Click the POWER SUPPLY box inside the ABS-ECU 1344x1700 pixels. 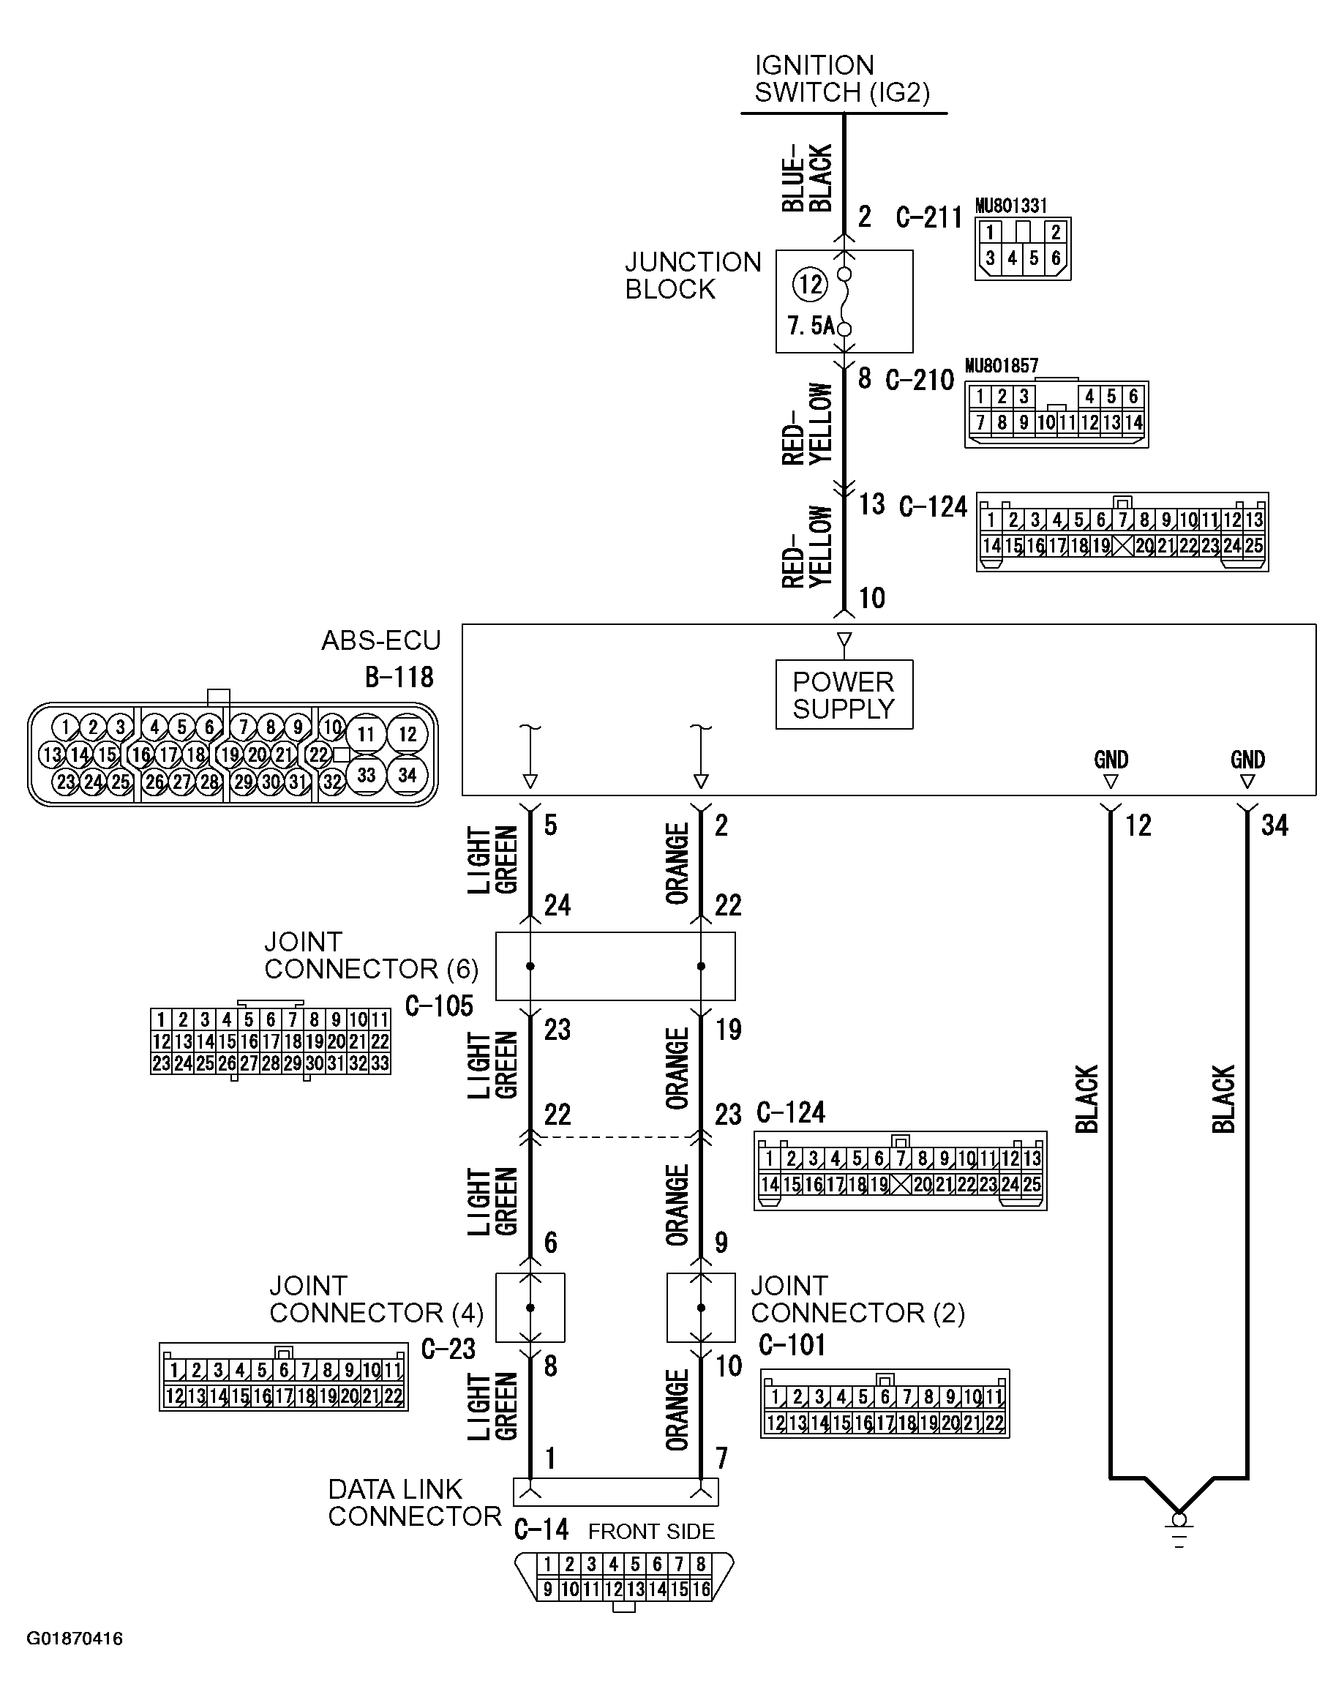[844, 694]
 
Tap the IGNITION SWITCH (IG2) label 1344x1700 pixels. [841, 79]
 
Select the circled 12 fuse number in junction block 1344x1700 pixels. [810, 284]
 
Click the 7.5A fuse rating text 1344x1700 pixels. [810, 325]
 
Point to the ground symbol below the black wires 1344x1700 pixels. [1178, 1530]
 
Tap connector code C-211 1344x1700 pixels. [928, 217]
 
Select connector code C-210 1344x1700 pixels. [919, 380]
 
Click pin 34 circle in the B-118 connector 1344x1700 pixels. [407, 775]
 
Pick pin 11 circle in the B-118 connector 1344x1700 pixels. [366, 734]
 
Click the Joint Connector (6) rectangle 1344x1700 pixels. [615, 966]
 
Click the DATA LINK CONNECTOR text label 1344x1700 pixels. [414, 1502]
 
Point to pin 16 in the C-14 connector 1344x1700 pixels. [701, 1589]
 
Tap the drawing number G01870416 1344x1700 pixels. [75, 1639]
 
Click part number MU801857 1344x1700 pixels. [1001, 366]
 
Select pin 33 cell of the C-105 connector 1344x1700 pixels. [380, 1063]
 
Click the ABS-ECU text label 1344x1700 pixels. [381, 640]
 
